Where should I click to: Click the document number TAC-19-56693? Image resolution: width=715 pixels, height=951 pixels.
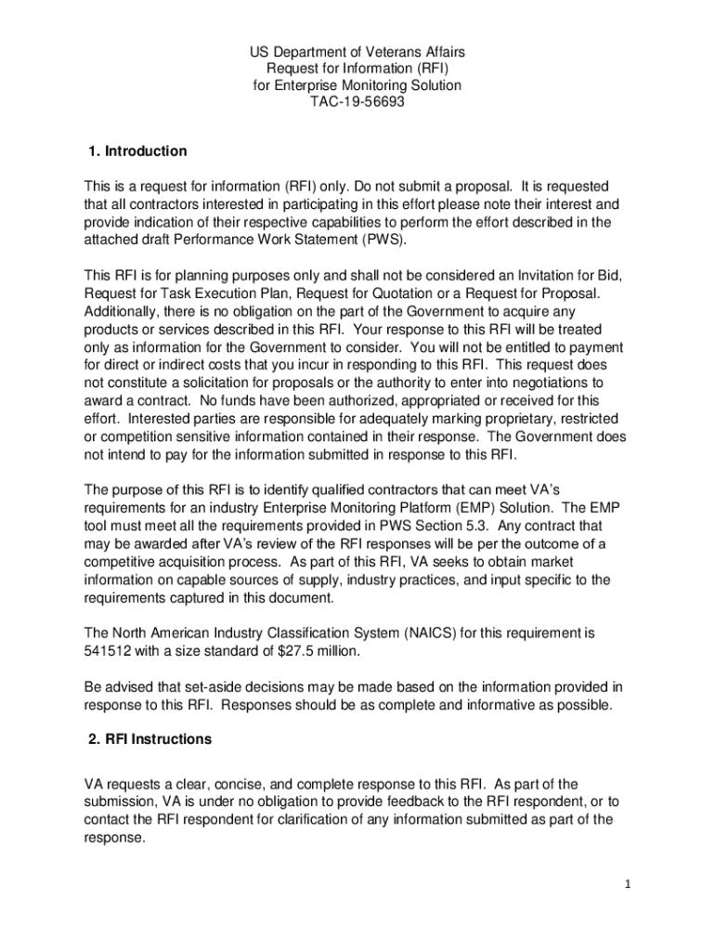point(357,102)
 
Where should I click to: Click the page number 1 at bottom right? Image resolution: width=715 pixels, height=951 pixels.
point(628,884)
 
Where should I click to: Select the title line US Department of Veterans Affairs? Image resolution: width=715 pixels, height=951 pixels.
point(357,52)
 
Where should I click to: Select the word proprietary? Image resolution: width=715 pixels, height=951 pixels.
point(526,419)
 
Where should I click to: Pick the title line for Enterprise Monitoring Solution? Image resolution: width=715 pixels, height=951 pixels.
point(357,85)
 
